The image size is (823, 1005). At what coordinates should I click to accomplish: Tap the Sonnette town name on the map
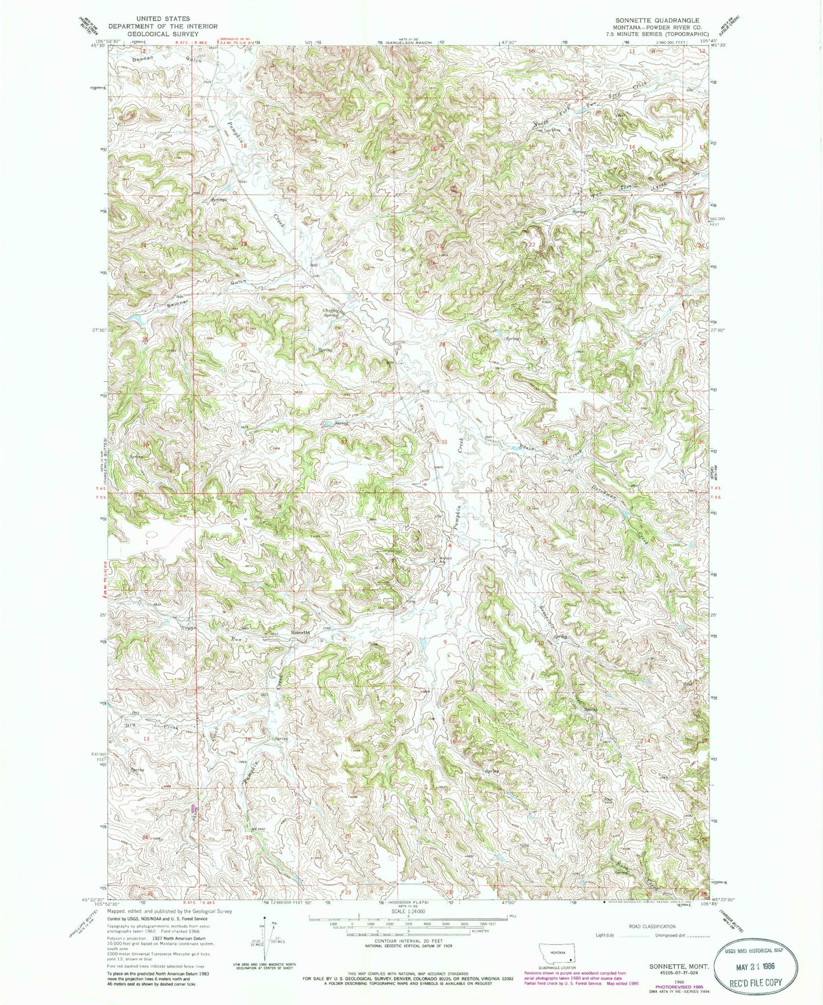[300, 633]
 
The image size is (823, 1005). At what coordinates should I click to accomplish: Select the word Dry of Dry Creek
[130, 725]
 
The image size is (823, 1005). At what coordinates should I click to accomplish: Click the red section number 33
[444, 442]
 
